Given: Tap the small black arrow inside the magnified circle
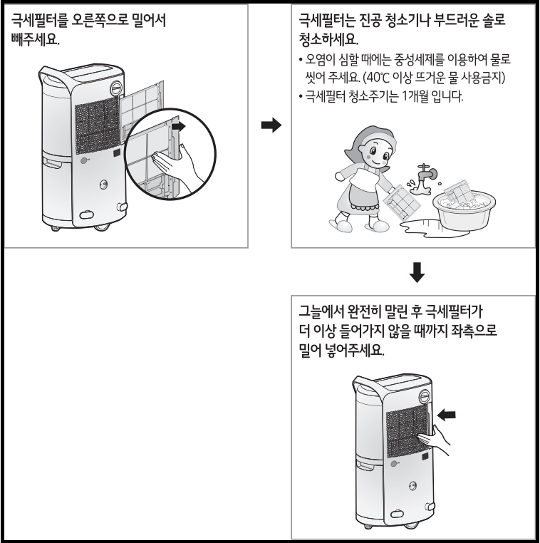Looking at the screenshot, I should (x=182, y=125).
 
